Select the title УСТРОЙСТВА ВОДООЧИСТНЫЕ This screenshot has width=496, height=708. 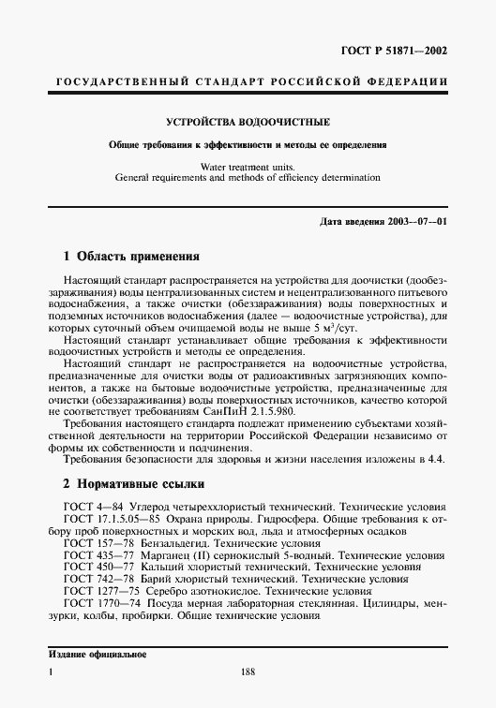(247, 123)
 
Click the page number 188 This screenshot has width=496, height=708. (248, 698)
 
